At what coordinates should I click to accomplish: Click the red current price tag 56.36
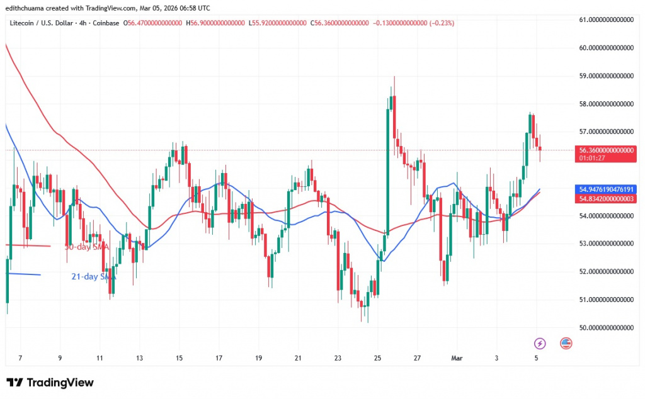[x=607, y=150]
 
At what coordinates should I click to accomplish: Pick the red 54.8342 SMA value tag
[x=607, y=198]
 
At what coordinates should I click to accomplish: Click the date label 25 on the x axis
[x=377, y=357]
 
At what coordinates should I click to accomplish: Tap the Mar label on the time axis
[x=458, y=357]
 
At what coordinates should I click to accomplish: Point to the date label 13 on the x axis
[x=139, y=357]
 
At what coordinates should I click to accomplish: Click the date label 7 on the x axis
[x=20, y=357]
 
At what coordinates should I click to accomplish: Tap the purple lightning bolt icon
[x=539, y=343]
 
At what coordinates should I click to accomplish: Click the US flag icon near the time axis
[x=565, y=343]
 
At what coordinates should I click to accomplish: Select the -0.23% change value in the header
[x=442, y=23]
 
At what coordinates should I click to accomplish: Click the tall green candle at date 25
[x=388, y=170]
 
